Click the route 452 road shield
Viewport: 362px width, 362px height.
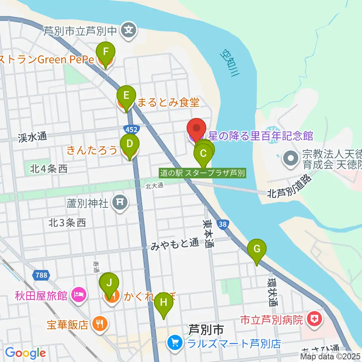(x=132, y=129)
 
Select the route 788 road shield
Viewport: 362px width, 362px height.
(x=40, y=275)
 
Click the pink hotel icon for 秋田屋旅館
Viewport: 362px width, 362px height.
(x=79, y=294)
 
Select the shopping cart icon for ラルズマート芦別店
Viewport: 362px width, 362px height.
(x=174, y=343)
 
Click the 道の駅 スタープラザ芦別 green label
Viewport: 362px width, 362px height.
(x=202, y=173)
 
